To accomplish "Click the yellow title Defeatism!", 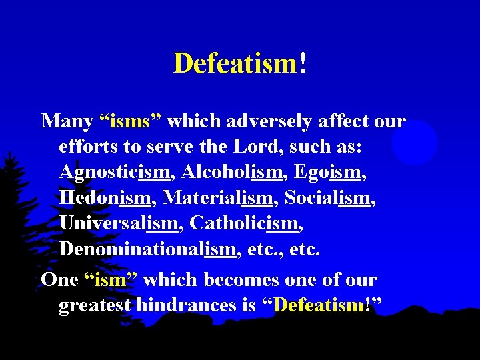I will point(240,63).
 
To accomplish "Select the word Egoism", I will point(326,172).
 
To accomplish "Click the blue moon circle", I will point(414,143).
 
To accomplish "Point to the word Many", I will point(66,121).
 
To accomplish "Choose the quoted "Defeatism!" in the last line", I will point(323,305).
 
